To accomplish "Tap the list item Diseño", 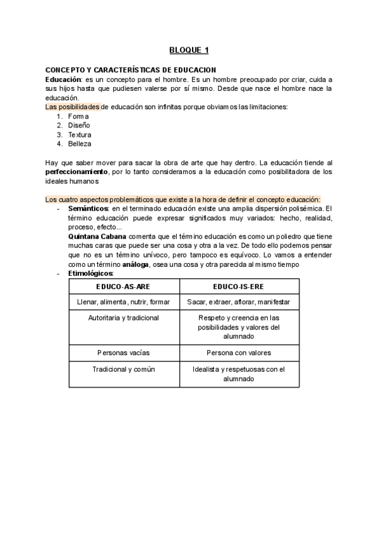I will pyautogui.click(x=79, y=126).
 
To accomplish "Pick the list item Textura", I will pyautogui.click(x=80, y=135).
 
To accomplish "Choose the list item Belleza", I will pyautogui.click(x=80, y=144).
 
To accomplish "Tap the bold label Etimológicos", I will pyautogui.click(x=90, y=273).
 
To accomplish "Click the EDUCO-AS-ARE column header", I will pyautogui.click(x=125, y=286).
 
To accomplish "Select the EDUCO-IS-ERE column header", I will pyautogui.click(x=239, y=286).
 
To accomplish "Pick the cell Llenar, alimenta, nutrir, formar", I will pyautogui.click(x=125, y=302).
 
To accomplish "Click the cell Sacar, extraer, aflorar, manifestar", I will pyautogui.click(x=239, y=302).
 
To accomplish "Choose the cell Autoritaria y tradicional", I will pyautogui.click(x=125, y=318).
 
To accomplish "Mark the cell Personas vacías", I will pyautogui.click(x=125, y=352).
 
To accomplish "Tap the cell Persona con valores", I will pyautogui.click(x=239, y=352).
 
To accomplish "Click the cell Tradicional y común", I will pyautogui.click(x=125, y=369).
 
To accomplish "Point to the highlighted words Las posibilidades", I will pyautogui.click(x=73, y=107).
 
